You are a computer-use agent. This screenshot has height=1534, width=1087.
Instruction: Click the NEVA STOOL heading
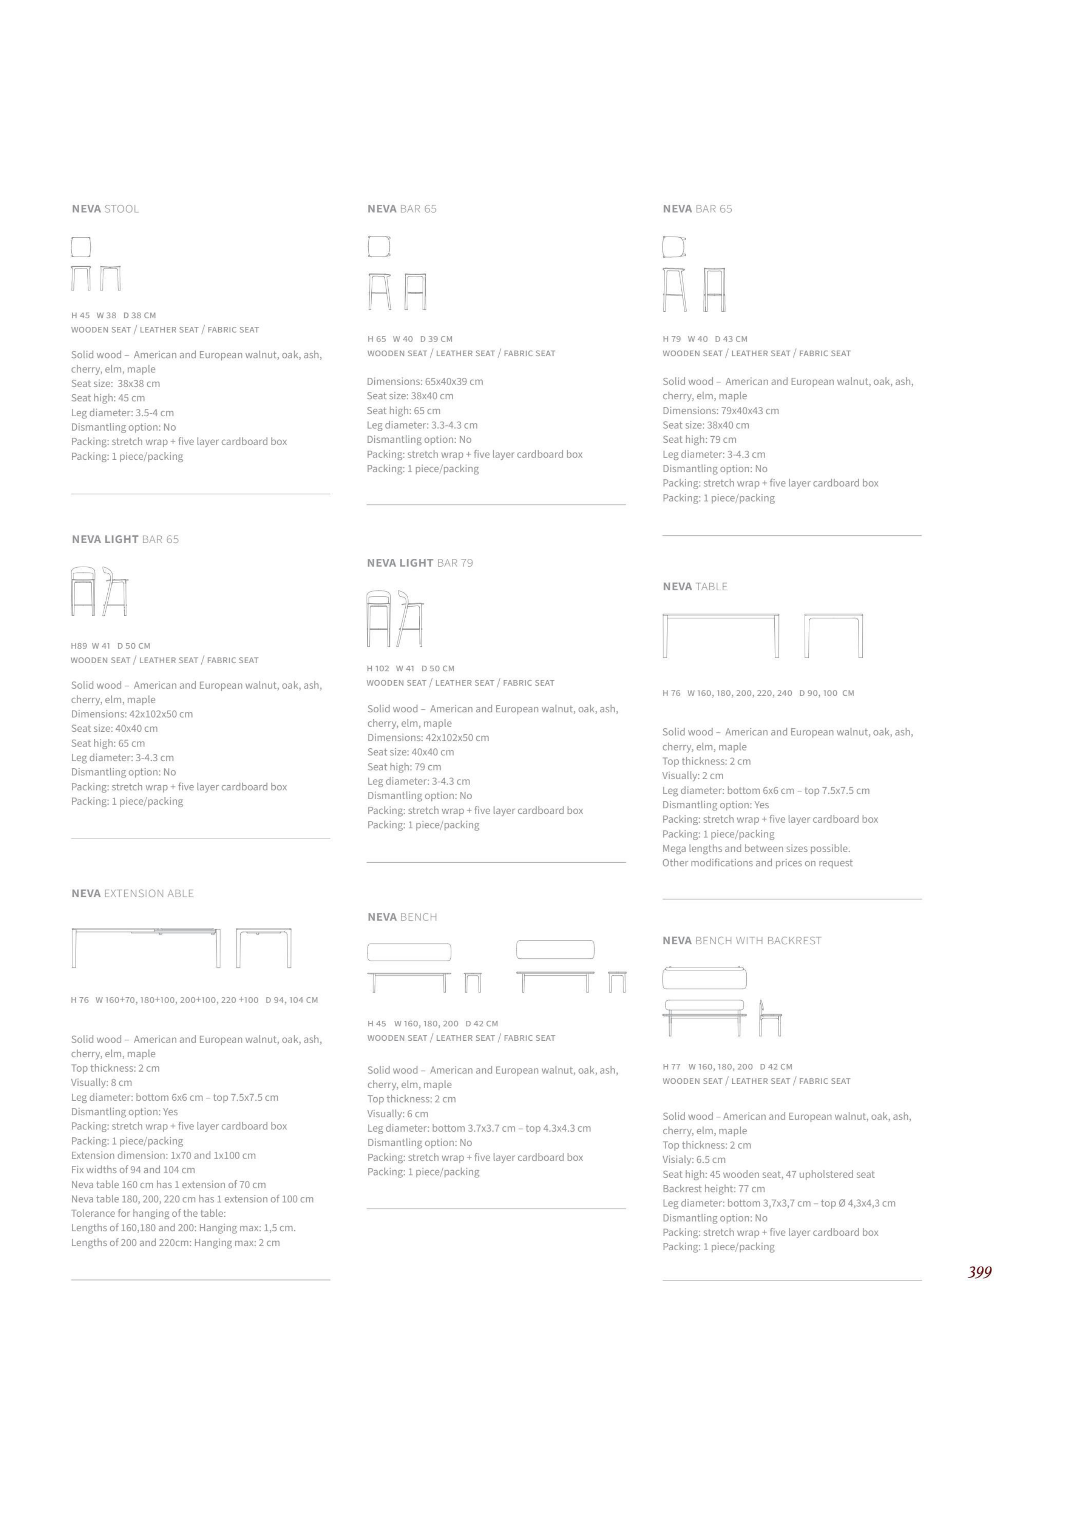click(105, 209)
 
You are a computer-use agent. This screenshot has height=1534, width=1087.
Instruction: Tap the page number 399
click(979, 1272)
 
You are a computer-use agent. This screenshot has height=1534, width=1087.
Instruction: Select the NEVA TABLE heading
click(695, 587)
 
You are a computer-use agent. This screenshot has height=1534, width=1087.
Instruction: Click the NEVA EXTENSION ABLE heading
click(133, 894)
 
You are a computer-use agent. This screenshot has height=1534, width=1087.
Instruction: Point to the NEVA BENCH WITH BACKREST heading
click(742, 940)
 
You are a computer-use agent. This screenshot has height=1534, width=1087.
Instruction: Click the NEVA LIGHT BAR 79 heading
click(420, 563)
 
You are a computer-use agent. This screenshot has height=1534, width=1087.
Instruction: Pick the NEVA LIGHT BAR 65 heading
click(125, 539)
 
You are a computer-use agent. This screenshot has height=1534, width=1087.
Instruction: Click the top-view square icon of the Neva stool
click(81, 247)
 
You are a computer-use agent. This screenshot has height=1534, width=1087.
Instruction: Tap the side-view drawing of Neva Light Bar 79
click(410, 619)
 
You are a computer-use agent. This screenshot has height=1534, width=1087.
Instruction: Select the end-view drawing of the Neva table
click(834, 635)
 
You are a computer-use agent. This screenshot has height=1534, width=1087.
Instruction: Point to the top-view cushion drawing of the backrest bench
click(704, 978)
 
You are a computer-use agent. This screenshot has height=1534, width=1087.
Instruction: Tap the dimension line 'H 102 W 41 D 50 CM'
click(410, 668)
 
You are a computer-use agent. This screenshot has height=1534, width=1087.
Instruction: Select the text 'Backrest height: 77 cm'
click(714, 1189)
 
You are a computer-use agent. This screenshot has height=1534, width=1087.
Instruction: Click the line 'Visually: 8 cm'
click(102, 1082)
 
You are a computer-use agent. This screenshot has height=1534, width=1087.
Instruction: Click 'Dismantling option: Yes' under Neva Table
click(716, 805)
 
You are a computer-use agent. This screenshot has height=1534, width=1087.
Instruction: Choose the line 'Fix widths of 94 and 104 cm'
click(133, 1169)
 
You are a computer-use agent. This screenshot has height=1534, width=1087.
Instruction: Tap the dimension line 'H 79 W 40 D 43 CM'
click(705, 339)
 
